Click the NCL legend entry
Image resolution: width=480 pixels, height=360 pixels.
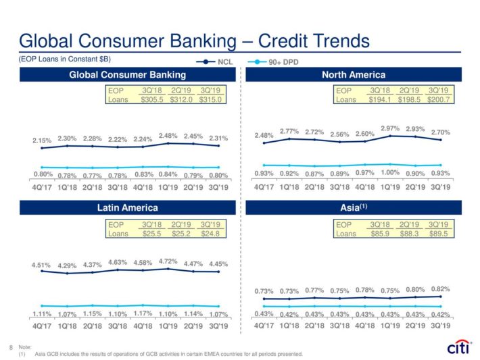[218, 61]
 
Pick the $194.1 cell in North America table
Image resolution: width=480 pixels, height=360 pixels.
[381, 99]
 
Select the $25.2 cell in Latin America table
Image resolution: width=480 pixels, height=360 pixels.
[181, 234]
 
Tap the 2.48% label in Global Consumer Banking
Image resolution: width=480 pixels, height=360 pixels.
[168, 135]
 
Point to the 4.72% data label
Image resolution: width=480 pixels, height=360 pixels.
[168, 260]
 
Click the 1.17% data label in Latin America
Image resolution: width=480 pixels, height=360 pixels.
[143, 313]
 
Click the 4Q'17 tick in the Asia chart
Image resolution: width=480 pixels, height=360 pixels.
[264, 325]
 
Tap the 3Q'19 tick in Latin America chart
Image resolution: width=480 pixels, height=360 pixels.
[218, 325]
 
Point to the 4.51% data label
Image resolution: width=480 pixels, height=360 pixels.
[41, 265]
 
